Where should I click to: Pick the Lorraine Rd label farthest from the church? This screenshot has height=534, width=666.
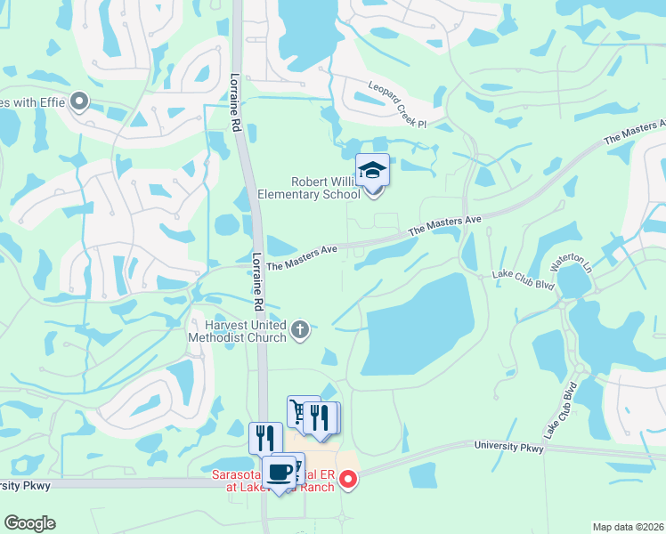[x=237, y=102]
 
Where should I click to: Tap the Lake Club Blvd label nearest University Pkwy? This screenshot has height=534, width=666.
[x=561, y=409]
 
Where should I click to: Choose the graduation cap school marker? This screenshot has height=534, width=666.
[x=372, y=169]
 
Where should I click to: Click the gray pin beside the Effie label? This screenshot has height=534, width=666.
[x=78, y=102]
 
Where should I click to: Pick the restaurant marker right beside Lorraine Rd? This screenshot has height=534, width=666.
[x=265, y=438]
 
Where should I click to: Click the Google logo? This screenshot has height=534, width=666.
[x=29, y=523]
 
